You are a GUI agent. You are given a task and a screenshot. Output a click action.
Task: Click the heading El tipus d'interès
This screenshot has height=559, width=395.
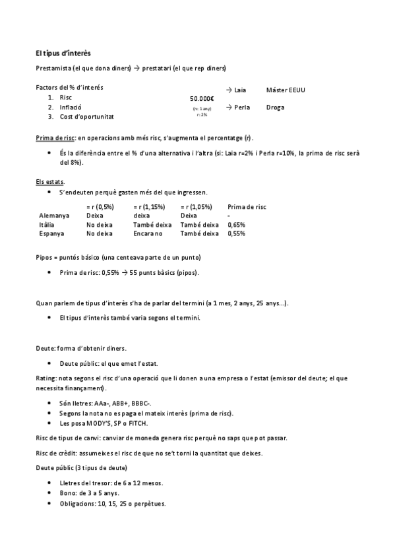[63, 52]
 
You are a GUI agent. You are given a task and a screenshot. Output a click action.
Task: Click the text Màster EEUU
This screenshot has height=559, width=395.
[286, 90]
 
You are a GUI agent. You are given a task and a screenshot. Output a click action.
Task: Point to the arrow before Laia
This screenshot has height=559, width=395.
[229, 90]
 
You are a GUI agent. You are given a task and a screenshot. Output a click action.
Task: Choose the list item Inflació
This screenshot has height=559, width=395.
[71, 107]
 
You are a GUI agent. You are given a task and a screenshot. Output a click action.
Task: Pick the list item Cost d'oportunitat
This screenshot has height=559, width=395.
[86, 117]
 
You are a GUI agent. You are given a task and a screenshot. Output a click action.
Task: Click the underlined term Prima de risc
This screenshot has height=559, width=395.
[55, 138]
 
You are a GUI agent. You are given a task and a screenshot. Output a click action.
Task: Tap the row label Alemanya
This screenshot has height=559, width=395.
[54, 216]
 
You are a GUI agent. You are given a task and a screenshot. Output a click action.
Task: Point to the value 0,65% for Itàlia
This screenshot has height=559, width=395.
[236, 225]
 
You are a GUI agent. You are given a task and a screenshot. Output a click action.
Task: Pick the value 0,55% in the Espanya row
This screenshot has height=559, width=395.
[236, 233]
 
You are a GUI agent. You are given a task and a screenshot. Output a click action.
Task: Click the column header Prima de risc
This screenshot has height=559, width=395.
[247, 206]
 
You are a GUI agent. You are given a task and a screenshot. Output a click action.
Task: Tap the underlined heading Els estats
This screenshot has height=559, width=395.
[50, 181]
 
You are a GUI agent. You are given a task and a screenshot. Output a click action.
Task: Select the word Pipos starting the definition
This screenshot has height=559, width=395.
[45, 257]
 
